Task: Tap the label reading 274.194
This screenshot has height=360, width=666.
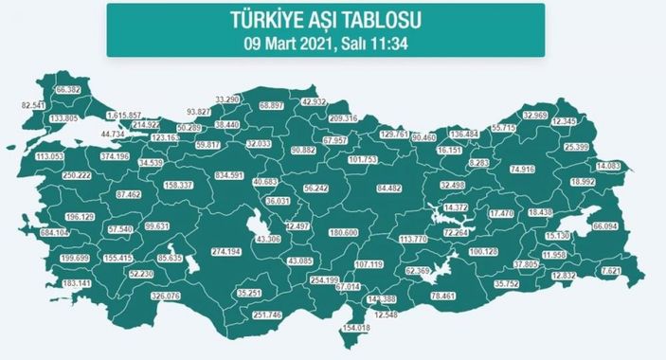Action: click(x=230, y=253)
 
